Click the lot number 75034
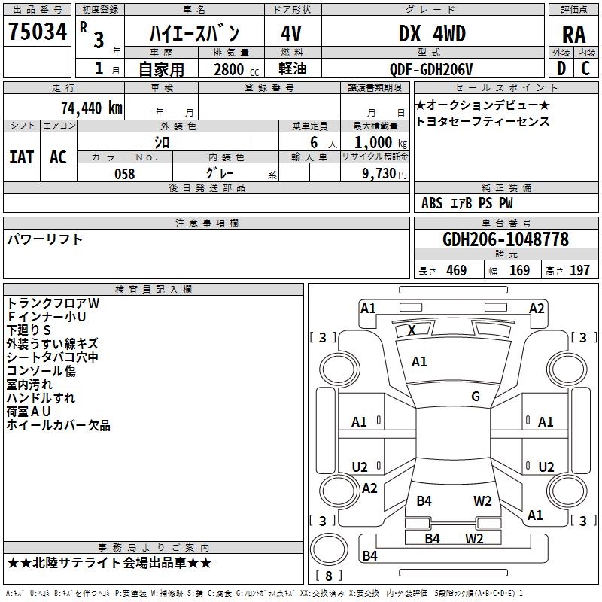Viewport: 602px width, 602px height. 38,32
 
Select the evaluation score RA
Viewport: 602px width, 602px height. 573,35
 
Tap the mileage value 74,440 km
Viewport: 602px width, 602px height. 92,108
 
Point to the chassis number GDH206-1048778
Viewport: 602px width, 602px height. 505,239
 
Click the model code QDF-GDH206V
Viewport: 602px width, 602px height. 431,69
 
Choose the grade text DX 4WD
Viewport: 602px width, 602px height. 432,33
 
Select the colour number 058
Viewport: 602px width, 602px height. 125,174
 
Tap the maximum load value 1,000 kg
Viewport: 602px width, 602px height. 381,143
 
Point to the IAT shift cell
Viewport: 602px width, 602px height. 22,157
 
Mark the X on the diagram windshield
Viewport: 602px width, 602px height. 412,330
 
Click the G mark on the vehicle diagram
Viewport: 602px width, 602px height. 476,396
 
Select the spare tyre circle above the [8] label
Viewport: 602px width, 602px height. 329,549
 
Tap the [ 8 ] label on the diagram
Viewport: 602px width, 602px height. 329,576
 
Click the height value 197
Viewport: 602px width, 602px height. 579,270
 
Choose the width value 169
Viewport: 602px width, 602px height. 519,270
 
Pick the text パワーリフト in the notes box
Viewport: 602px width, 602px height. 45,239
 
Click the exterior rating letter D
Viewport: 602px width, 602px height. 561,68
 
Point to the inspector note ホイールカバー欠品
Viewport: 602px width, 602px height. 59,425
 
